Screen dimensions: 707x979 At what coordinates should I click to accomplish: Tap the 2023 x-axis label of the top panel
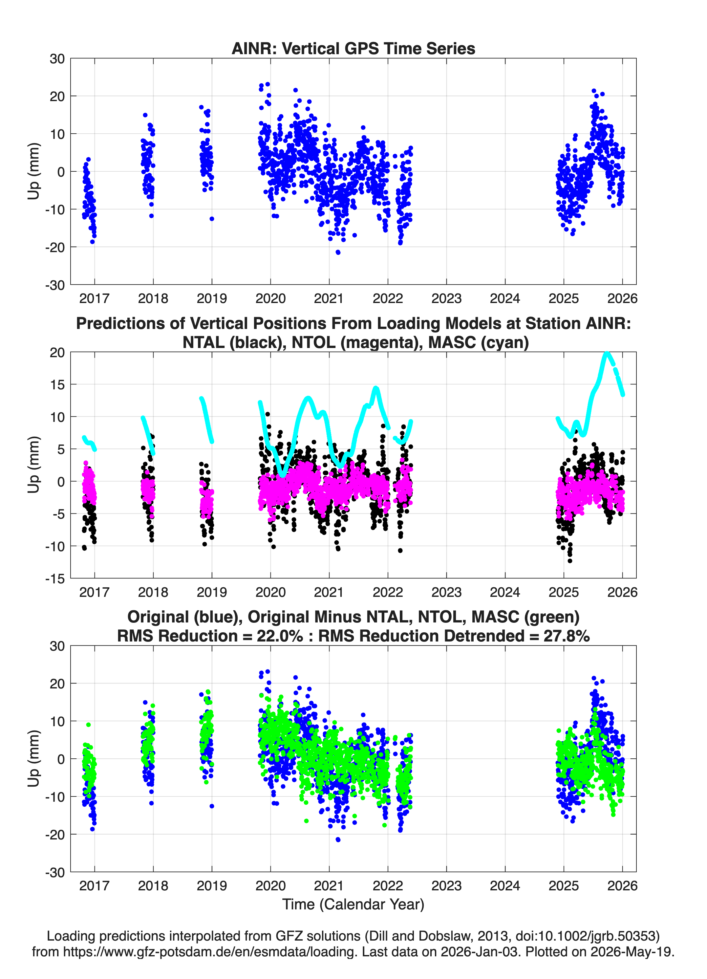pyautogui.click(x=446, y=298)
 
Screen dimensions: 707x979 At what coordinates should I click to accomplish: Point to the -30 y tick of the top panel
pyautogui.click(x=55, y=285)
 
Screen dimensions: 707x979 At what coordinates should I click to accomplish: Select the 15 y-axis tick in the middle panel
pyautogui.click(x=57, y=384)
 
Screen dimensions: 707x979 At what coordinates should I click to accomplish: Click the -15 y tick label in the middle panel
pyautogui.click(x=55, y=578)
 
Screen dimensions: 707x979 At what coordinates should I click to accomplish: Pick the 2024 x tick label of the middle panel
pyautogui.click(x=505, y=592)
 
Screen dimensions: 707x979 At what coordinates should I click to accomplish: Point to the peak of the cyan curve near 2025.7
pyautogui.click(x=607, y=354)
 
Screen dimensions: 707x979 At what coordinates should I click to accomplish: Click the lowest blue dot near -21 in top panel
pyautogui.click(x=338, y=252)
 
